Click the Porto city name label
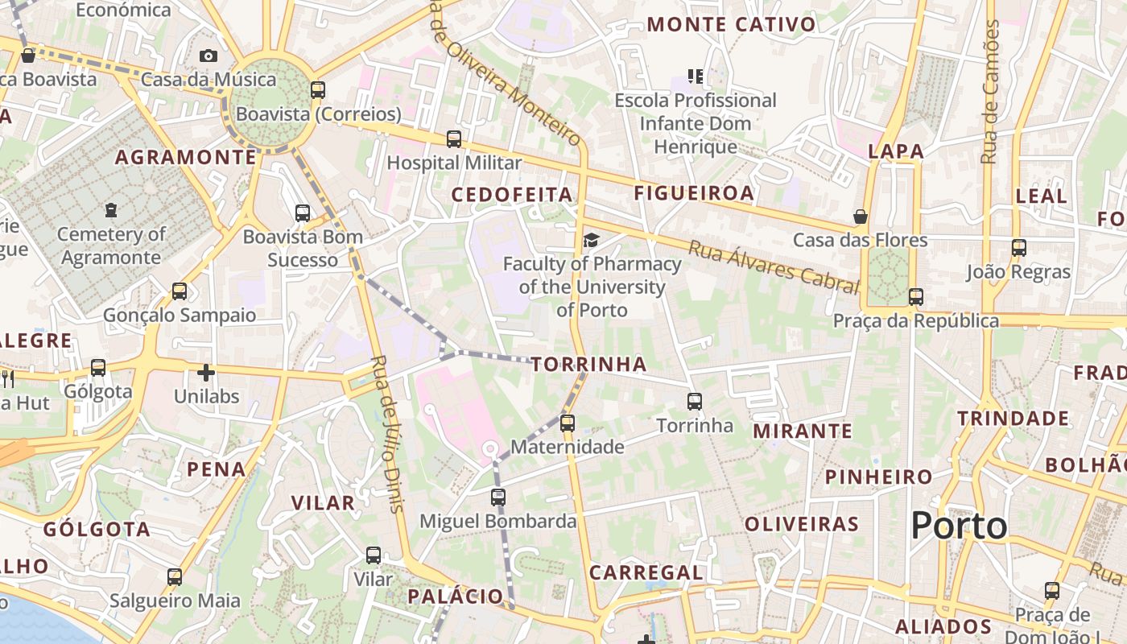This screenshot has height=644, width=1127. point(959,526)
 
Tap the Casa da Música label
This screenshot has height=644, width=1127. point(208,80)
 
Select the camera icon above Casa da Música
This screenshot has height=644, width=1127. point(208,56)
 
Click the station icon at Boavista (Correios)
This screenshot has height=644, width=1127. point(318,89)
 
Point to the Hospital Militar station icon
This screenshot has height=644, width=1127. point(454,139)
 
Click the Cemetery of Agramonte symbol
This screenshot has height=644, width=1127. point(111,210)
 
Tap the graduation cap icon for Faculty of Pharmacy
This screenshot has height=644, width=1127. point(592,240)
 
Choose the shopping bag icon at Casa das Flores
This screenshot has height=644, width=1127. point(861,217)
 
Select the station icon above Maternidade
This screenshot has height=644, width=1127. point(568,423)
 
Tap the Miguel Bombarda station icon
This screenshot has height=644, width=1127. point(498,497)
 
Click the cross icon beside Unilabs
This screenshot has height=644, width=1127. point(206,373)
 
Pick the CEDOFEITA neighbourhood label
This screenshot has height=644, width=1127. point(512,195)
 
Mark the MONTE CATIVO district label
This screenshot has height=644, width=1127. point(732,25)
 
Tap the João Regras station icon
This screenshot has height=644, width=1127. point(1019,248)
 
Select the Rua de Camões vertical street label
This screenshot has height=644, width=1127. point(989,93)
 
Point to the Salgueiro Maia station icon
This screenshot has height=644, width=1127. point(175,577)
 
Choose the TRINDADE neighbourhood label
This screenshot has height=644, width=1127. point(1013,419)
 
